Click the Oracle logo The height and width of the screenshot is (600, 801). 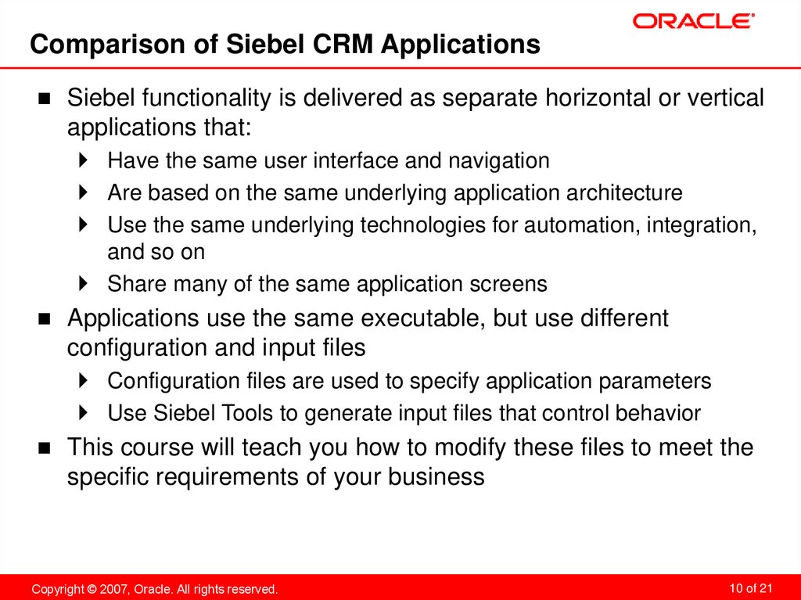[x=693, y=21]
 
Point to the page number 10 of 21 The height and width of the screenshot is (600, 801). [x=750, y=587]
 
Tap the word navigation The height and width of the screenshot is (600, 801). [x=498, y=161]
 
